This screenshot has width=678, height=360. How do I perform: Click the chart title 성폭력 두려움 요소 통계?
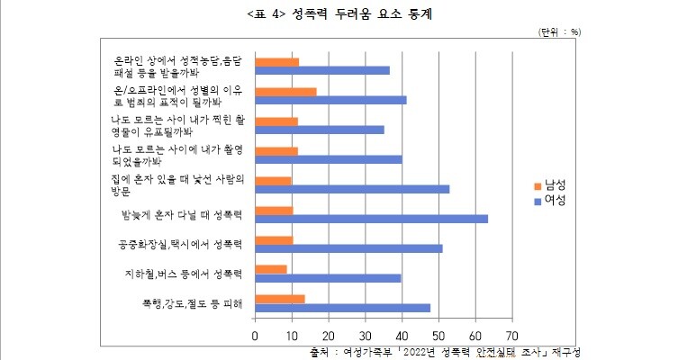[x=339, y=14]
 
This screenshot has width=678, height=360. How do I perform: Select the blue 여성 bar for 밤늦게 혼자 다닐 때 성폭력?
[x=372, y=218]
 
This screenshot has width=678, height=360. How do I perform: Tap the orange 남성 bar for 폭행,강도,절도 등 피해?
[x=280, y=298]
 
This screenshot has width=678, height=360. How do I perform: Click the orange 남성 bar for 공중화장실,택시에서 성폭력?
[x=275, y=239]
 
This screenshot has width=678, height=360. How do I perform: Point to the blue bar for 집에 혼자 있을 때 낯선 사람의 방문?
[x=352, y=189]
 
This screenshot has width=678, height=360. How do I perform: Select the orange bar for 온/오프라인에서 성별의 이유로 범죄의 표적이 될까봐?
[x=286, y=91]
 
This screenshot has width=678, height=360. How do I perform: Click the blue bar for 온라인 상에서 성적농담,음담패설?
[x=322, y=70]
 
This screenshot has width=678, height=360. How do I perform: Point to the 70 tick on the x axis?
[x=511, y=335]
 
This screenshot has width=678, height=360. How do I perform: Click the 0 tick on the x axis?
[x=256, y=335]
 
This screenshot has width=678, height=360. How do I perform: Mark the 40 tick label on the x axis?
[x=402, y=335]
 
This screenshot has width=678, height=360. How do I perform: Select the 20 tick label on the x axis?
[x=329, y=335]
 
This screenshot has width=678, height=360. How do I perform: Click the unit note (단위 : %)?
[x=559, y=31]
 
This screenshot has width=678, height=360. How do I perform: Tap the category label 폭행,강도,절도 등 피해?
[x=191, y=302]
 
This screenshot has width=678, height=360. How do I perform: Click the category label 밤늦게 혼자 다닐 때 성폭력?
[x=182, y=214]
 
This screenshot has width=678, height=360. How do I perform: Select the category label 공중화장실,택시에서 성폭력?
[x=181, y=244]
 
